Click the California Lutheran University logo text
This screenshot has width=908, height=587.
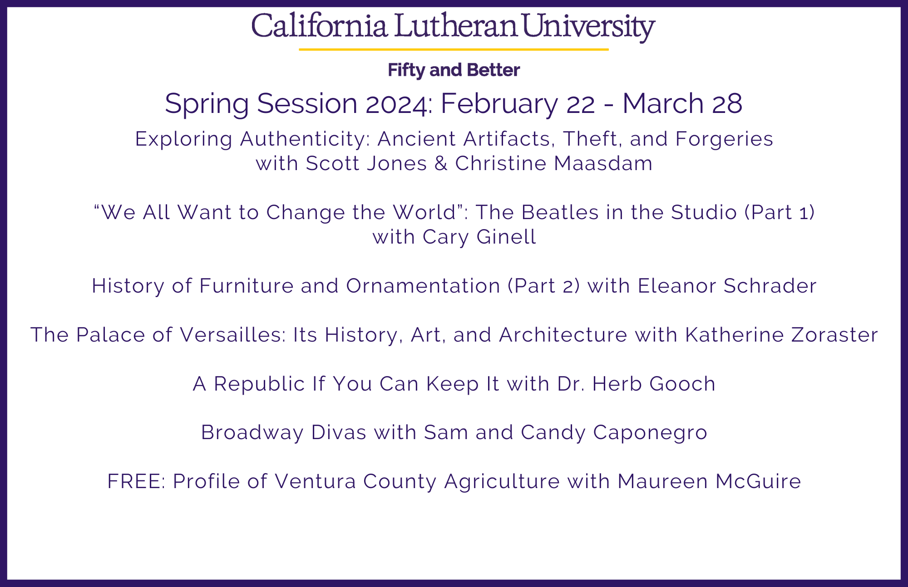(453, 27)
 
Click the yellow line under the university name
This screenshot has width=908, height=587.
(454, 49)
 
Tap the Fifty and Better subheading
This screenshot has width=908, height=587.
(454, 70)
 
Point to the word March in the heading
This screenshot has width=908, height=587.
(663, 103)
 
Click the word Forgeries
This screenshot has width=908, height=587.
(724, 139)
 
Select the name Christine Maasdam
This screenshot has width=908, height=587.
(554, 163)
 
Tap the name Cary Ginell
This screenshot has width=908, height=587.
(479, 237)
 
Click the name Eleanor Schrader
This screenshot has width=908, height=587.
(727, 286)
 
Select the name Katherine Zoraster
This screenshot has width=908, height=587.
(781, 335)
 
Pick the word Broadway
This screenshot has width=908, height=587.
(252, 433)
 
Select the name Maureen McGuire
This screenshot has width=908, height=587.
(709, 481)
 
